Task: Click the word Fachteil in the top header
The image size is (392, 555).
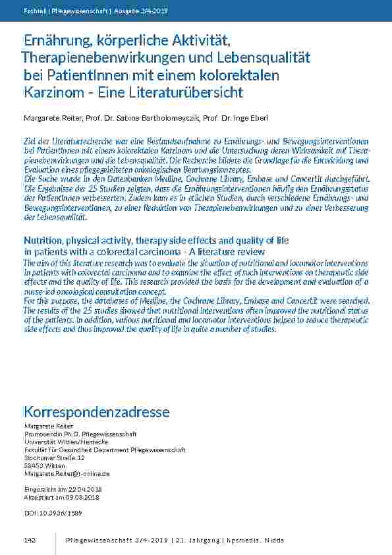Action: pos(34,10)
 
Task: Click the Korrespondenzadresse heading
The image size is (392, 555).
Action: pos(96,412)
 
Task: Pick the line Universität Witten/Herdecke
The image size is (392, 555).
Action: pos(63,442)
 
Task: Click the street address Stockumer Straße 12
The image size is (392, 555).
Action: pos(54,457)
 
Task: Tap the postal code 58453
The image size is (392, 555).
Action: pos(32,465)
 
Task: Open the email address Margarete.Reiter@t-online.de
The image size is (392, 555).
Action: pos(67,473)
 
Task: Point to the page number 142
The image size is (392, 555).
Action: pos(29,540)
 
